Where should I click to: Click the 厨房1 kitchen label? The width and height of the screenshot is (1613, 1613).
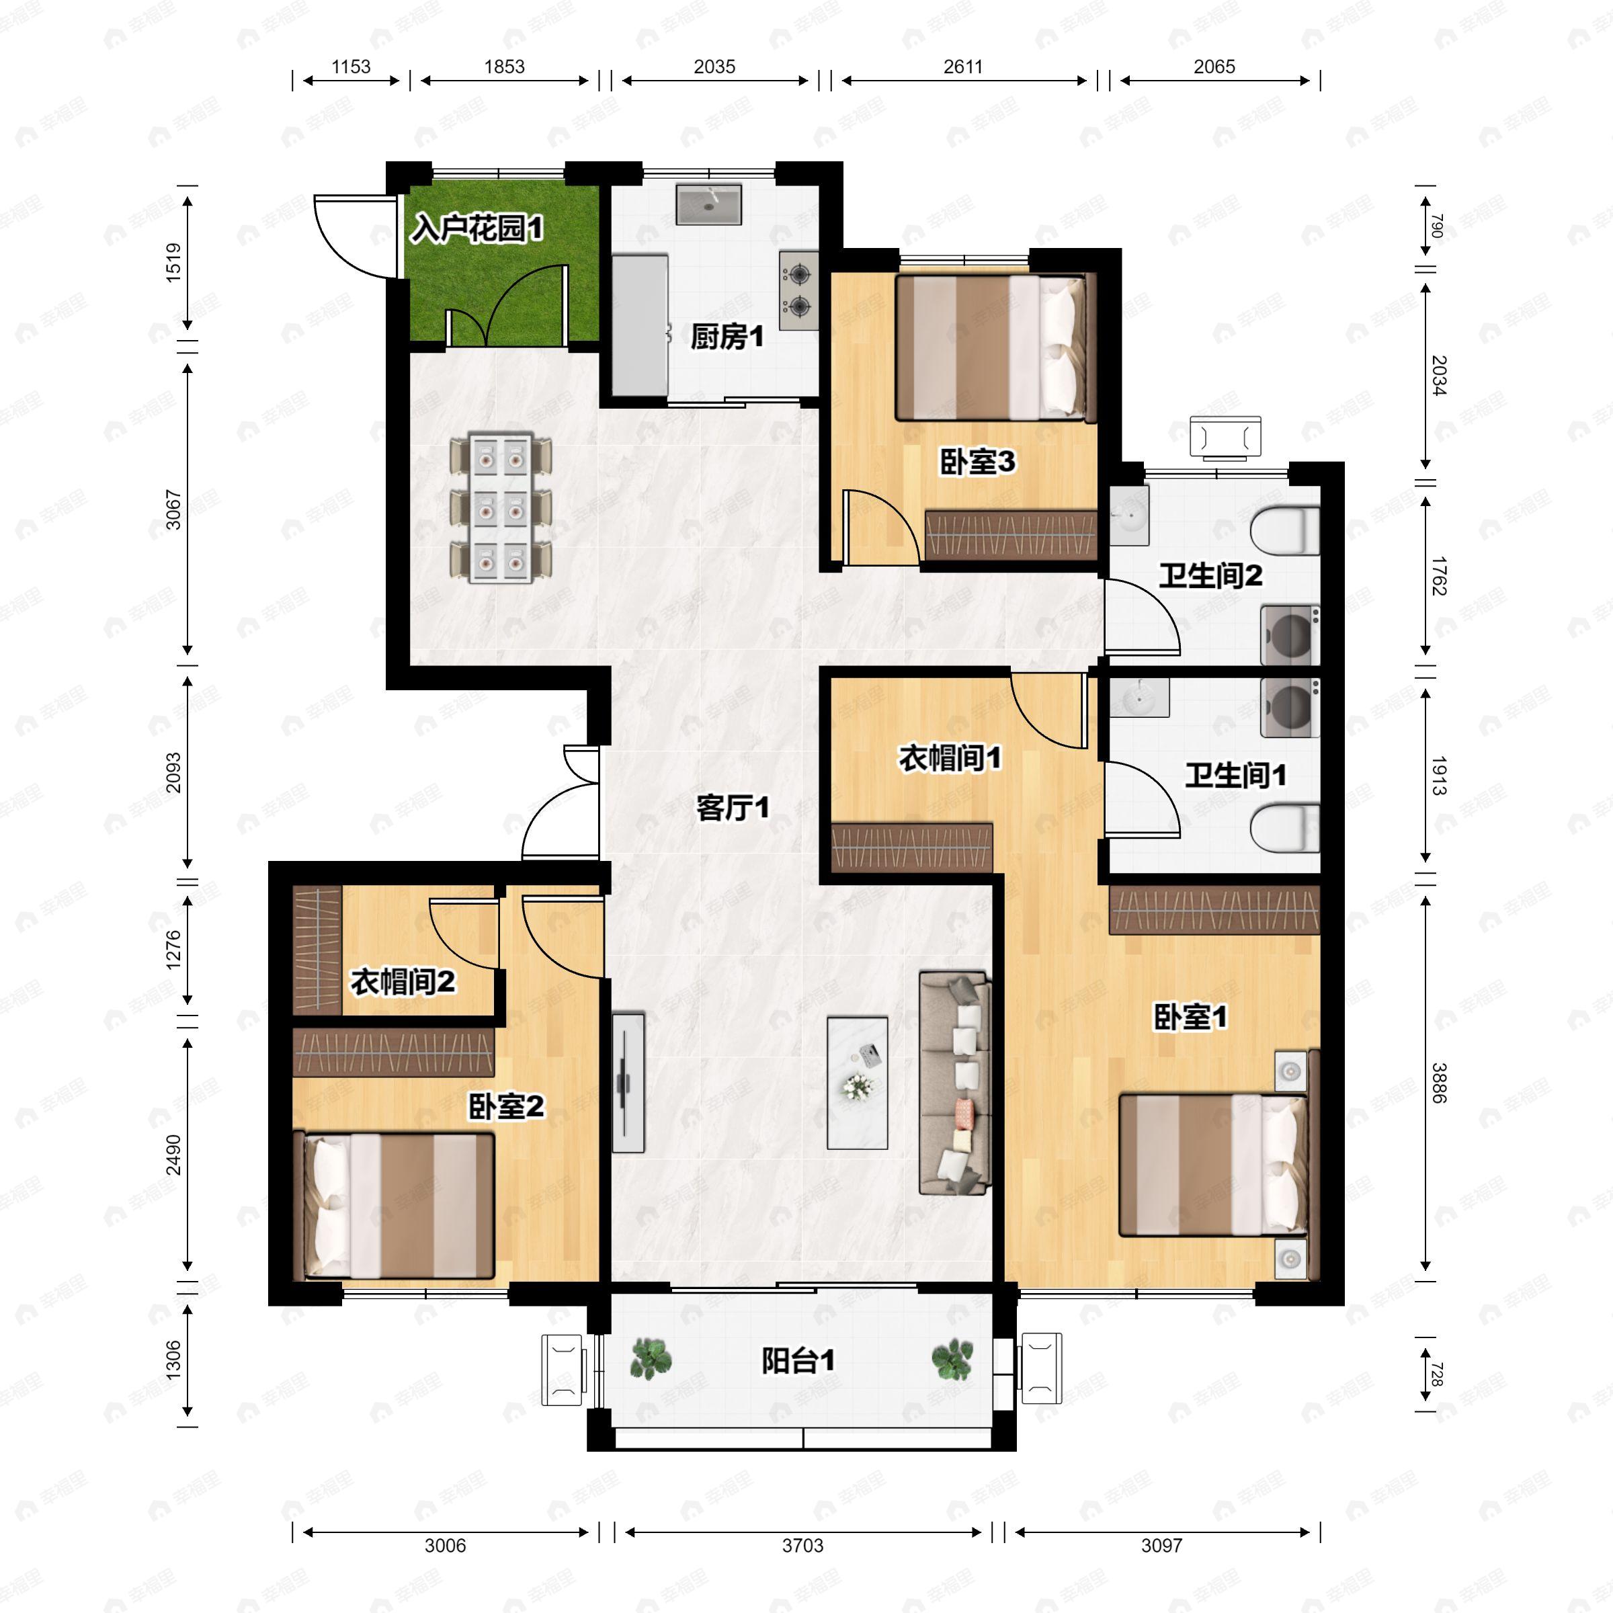point(727,337)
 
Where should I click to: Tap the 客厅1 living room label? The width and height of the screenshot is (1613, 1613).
point(732,807)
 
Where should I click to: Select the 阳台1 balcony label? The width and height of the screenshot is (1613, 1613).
point(798,1361)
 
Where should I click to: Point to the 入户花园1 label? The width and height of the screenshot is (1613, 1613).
point(477,228)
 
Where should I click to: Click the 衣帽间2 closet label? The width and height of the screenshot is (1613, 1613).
point(403,982)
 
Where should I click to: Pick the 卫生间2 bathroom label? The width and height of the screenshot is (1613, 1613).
point(1210,575)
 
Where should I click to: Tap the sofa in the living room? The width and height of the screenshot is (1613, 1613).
point(955,1082)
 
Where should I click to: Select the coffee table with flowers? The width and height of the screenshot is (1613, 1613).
point(858,1082)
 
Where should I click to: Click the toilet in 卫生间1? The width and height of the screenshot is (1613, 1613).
point(1285,827)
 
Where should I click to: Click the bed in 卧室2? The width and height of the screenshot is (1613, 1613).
point(394,1205)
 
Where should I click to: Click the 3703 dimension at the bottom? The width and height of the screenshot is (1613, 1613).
point(802,1544)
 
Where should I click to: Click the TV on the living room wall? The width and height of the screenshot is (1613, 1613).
point(628,1083)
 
